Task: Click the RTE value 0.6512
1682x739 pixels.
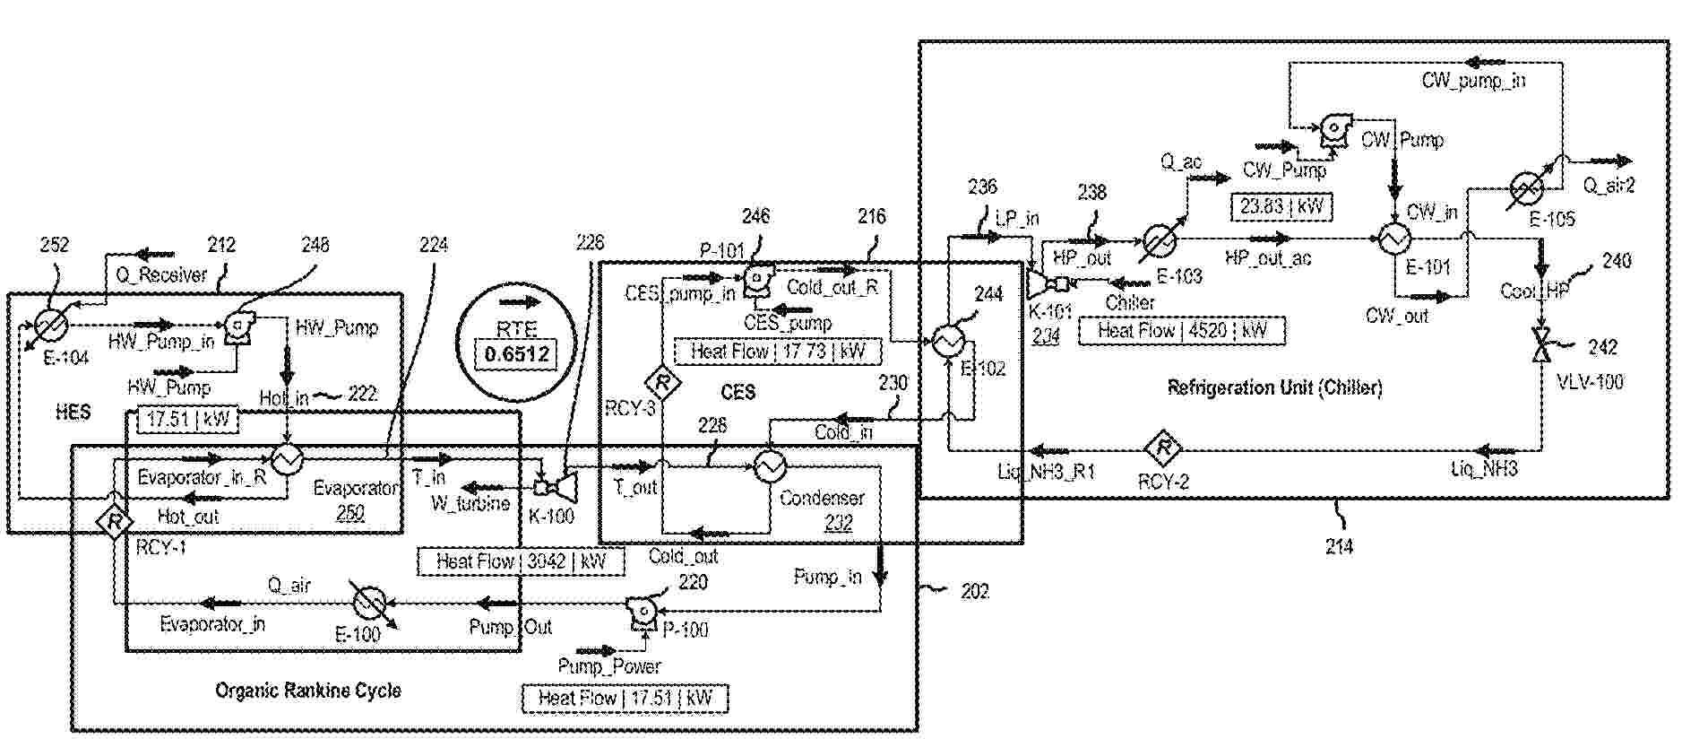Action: [517, 354]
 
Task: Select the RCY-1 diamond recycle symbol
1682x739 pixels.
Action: [115, 521]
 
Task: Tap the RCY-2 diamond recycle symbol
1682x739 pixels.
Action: [1162, 447]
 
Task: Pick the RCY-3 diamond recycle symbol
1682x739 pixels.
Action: [663, 383]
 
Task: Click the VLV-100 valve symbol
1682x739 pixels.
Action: [1541, 346]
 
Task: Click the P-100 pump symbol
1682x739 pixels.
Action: [643, 610]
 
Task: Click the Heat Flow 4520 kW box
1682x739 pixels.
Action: [1182, 330]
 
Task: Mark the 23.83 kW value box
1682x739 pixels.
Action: [1281, 206]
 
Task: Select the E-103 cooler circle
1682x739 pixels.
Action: [1159, 240]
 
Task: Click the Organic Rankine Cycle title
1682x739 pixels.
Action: [307, 691]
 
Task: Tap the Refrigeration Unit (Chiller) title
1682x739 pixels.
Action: [1274, 387]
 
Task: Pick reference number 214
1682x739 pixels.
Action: [1339, 546]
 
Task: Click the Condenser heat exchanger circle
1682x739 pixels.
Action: [769, 465]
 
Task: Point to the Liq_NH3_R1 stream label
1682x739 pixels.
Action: [1046, 471]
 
